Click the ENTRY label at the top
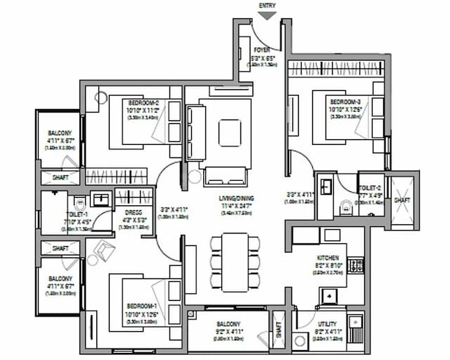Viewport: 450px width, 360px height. pyautogui.click(x=267, y=6)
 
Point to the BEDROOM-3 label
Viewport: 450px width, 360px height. pyautogui.click(x=345, y=102)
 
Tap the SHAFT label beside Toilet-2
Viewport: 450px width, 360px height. pyautogui.click(x=402, y=200)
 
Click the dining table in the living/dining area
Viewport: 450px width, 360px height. pyautogui.click(x=234, y=262)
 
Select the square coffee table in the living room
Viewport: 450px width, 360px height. pyautogui.click(x=230, y=132)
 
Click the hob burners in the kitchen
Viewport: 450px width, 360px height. pyautogui.click(x=356, y=265)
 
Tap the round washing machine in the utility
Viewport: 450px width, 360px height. pyautogui.click(x=302, y=341)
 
